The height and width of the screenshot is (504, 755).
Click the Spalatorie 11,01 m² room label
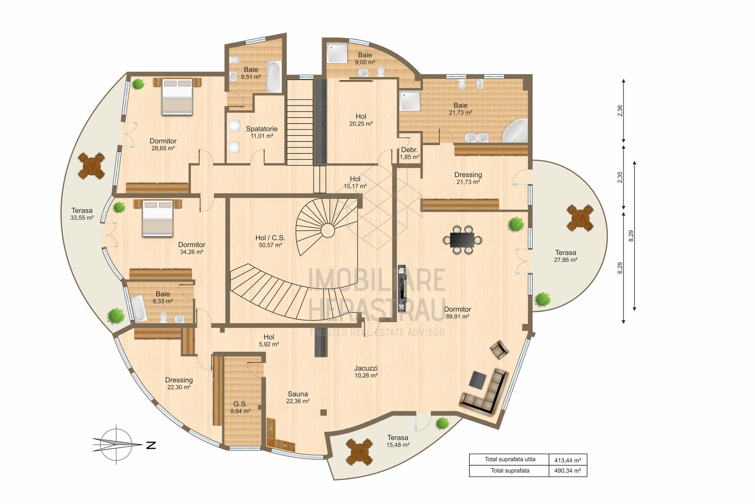point(262,132)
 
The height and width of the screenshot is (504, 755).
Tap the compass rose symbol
point(117,445)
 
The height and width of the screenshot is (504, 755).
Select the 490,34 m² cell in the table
point(567,471)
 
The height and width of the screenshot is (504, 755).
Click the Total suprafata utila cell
point(510,459)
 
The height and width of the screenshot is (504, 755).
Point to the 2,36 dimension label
point(620,111)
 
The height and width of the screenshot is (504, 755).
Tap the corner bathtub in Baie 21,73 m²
point(515,131)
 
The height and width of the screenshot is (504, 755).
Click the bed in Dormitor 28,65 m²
point(177,96)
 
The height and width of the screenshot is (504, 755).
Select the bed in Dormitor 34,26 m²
point(157,218)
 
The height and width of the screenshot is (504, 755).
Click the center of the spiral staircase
point(328,230)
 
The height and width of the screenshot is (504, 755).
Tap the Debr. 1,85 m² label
point(410,154)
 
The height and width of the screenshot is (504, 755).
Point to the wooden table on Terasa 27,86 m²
point(580,218)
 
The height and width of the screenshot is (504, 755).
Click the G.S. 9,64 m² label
point(240,407)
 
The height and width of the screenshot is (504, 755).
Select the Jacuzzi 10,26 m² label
point(366,371)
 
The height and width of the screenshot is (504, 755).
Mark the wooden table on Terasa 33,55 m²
point(91,165)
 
